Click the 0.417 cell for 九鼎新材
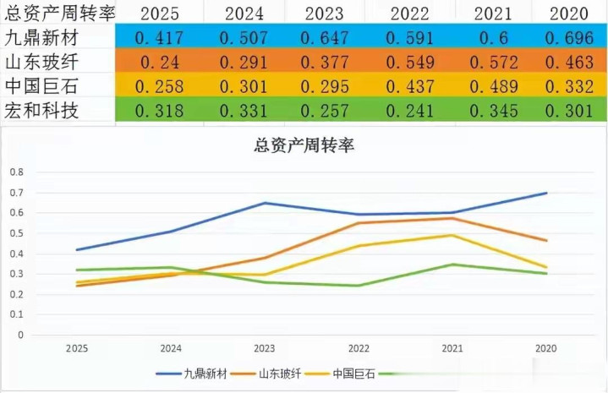(x=159, y=38)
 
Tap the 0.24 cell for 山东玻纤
(x=159, y=62)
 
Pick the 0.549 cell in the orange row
(x=409, y=62)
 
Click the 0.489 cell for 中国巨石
(x=493, y=86)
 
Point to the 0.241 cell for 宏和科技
(x=409, y=111)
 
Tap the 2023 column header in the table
(x=326, y=14)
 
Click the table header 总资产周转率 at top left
(x=59, y=14)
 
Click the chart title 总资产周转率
(x=304, y=145)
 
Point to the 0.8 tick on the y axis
(x=18, y=172)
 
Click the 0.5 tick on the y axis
(x=18, y=232)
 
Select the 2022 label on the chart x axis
(x=359, y=347)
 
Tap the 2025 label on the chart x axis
(x=76, y=347)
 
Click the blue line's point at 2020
(x=546, y=193)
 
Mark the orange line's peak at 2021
(x=452, y=218)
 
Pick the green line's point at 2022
(x=359, y=286)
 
